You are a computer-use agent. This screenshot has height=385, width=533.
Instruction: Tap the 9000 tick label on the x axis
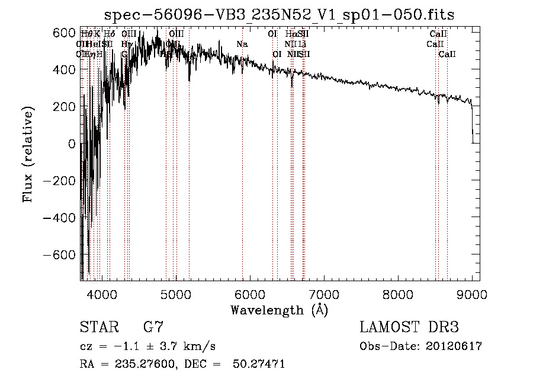coord(472,294)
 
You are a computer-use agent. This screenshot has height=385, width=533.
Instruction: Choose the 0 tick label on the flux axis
coord(72,144)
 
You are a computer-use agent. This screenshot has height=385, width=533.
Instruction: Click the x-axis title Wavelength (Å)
coord(279,310)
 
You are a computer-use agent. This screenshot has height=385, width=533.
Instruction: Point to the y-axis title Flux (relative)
coord(28,154)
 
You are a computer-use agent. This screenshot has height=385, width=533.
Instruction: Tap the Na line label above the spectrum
coord(242,44)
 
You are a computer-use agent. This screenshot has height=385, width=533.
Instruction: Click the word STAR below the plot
coord(98,327)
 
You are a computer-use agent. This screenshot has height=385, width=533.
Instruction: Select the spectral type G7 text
coord(153,327)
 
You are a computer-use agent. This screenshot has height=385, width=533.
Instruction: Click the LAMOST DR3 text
coord(409,327)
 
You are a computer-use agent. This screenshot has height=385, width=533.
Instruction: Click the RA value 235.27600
coord(146,364)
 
